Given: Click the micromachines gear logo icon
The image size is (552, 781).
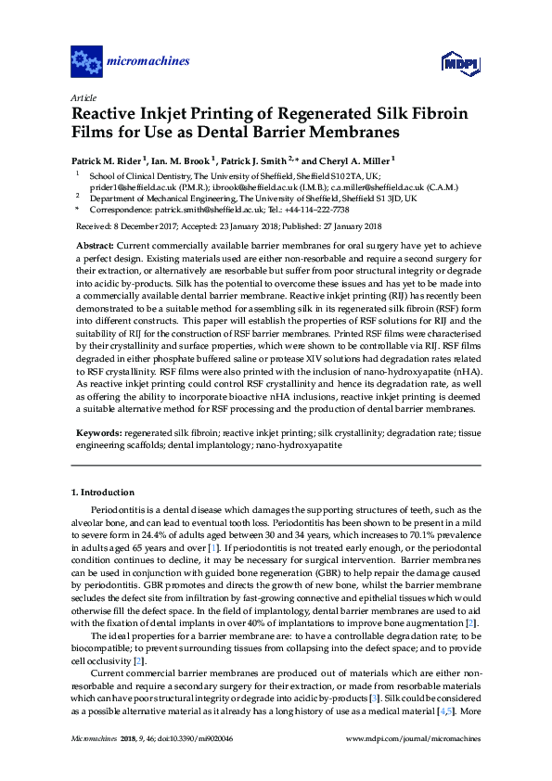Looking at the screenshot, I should coord(86,62).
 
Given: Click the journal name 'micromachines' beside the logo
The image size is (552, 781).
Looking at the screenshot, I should coord(149,62).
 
